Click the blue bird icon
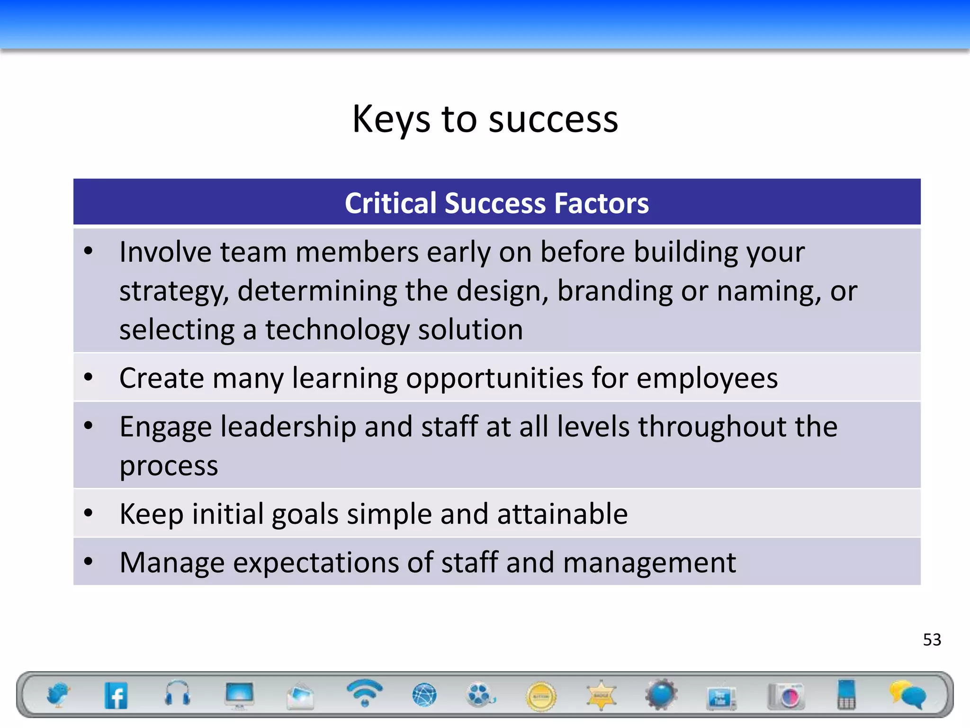point(58,695)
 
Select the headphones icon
point(178,694)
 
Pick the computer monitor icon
point(239,695)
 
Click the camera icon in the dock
point(787,696)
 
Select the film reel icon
point(480,695)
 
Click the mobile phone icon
point(846,695)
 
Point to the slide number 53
point(932,640)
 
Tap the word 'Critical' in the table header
point(390,203)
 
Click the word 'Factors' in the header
point(601,203)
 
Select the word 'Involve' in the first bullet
point(165,252)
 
